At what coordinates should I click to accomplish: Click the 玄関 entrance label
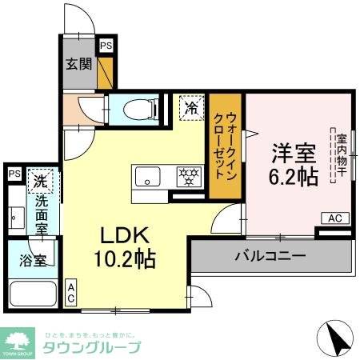pos(77,62)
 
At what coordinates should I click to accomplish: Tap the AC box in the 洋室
pos(334,218)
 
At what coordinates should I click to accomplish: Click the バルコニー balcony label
pos(270,258)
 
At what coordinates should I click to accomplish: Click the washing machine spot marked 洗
pos(40,182)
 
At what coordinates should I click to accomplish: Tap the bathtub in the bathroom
pos(31,294)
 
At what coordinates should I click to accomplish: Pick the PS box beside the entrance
pos(106,47)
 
